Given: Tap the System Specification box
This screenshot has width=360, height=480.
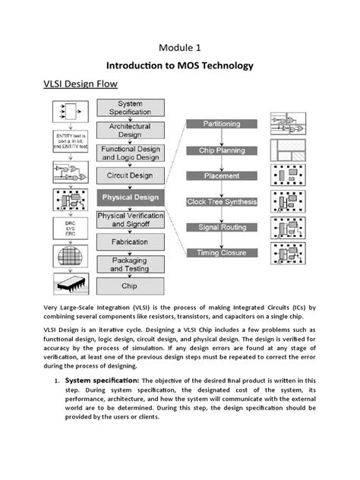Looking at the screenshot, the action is (x=129, y=108).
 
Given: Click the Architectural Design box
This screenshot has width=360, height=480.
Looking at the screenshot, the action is (x=129, y=130).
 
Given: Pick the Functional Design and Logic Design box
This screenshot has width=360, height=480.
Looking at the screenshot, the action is (x=129, y=153).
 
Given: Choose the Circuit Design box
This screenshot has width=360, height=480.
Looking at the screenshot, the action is (x=129, y=175).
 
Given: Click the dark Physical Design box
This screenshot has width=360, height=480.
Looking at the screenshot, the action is (x=129, y=197).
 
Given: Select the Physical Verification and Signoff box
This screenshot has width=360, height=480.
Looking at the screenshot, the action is (x=129, y=219).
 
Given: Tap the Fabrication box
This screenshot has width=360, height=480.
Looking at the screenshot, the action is (x=129, y=242).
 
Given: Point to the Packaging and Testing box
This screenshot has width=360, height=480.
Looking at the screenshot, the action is (x=129, y=264).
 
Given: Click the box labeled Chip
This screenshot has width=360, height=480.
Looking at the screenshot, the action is (x=129, y=286).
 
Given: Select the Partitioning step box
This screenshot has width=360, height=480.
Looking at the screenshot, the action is (x=221, y=124).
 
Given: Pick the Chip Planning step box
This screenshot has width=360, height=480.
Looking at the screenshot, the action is (x=221, y=150).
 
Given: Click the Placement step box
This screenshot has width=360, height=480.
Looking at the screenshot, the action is (x=221, y=175).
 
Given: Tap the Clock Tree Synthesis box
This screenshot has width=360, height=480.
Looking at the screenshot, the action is (x=221, y=202).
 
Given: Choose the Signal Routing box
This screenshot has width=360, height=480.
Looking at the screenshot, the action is (x=221, y=227).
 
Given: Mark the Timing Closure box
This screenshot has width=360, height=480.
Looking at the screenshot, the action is (x=221, y=253).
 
